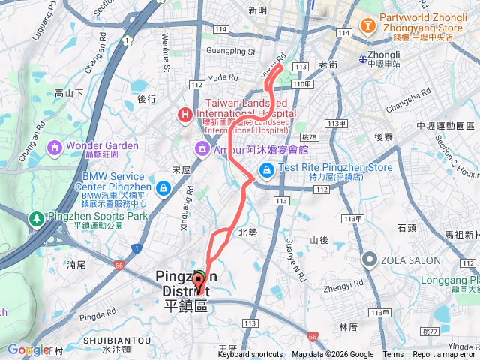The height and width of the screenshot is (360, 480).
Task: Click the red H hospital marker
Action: (x=183, y=115)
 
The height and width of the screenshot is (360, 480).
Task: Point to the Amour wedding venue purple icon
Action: (x=202, y=149)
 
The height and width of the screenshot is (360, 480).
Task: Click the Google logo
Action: (x=28, y=349)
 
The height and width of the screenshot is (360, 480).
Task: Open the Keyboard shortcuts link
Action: (x=250, y=355)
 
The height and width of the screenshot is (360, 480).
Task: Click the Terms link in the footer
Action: (x=392, y=355)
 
